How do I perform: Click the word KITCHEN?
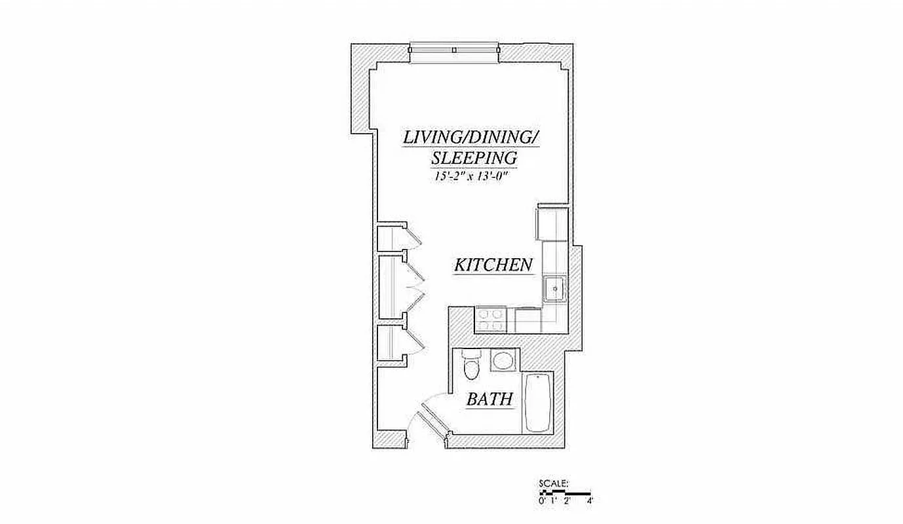click(x=493, y=265)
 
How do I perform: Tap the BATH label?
click(x=489, y=399)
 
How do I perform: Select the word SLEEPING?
click(x=474, y=158)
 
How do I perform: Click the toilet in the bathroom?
click(x=471, y=365)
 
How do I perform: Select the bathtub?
click(x=538, y=403)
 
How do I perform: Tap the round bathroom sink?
click(x=504, y=361)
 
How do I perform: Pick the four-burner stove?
click(x=491, y=320)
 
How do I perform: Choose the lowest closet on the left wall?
click(x=392, y=343)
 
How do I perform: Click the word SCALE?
click(x=554, y=484)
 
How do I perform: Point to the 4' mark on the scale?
click(x=590, y=500)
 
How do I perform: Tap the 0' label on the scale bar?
click(x=542, y=500)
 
